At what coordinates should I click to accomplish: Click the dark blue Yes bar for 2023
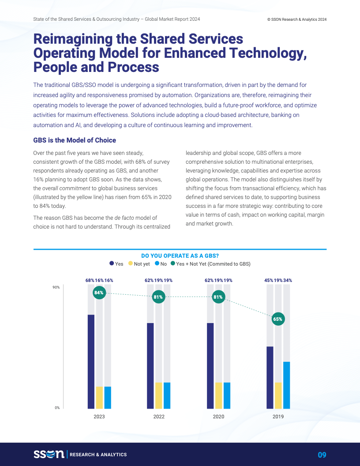coord(91,361)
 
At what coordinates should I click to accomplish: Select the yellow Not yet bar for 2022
coord(159,395)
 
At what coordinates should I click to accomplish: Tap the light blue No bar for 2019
coord(286,385)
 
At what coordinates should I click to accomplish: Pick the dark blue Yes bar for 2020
coord(210,366)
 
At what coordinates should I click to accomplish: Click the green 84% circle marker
coord(99,293)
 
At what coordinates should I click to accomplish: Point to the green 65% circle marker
coord(277,319)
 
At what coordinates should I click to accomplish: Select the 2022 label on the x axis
coord(159,417)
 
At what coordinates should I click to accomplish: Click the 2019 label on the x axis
coord(278,417)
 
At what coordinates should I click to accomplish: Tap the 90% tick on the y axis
coord(56,288)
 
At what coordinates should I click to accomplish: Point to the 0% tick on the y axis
coord(57,408)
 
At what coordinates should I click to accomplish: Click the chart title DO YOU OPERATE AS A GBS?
coord(180,256)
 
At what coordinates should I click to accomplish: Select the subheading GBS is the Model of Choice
coord(75,140)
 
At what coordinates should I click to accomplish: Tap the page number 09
coord(322,455)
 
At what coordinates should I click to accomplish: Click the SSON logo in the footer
coord(49,454)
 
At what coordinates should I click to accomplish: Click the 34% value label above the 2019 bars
coord(288,280)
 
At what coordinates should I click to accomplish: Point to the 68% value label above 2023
coord(90,280)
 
